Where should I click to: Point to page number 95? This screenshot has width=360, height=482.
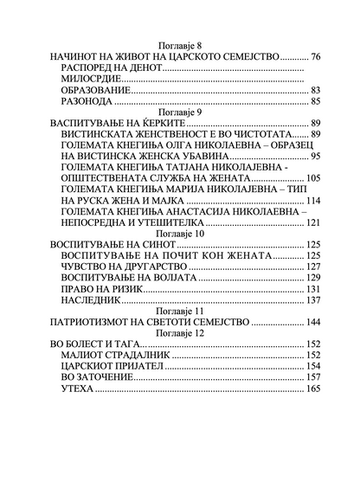point(316,156)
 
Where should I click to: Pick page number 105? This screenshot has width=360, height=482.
point(312,178)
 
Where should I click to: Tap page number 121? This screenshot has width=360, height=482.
point(312,222)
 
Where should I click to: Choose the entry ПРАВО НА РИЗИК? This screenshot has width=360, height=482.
point(100,288)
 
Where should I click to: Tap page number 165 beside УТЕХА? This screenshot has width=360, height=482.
point(312,389)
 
